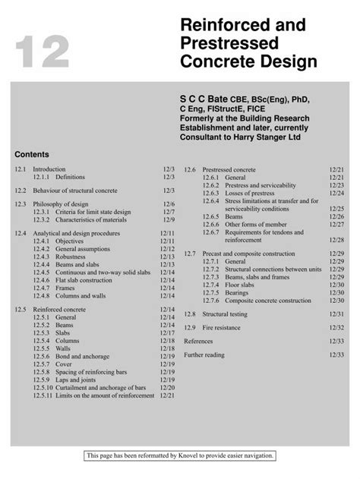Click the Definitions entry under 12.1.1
pos(69,176)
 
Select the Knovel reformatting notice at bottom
pos(180,455)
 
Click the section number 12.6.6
pos(212,224)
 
